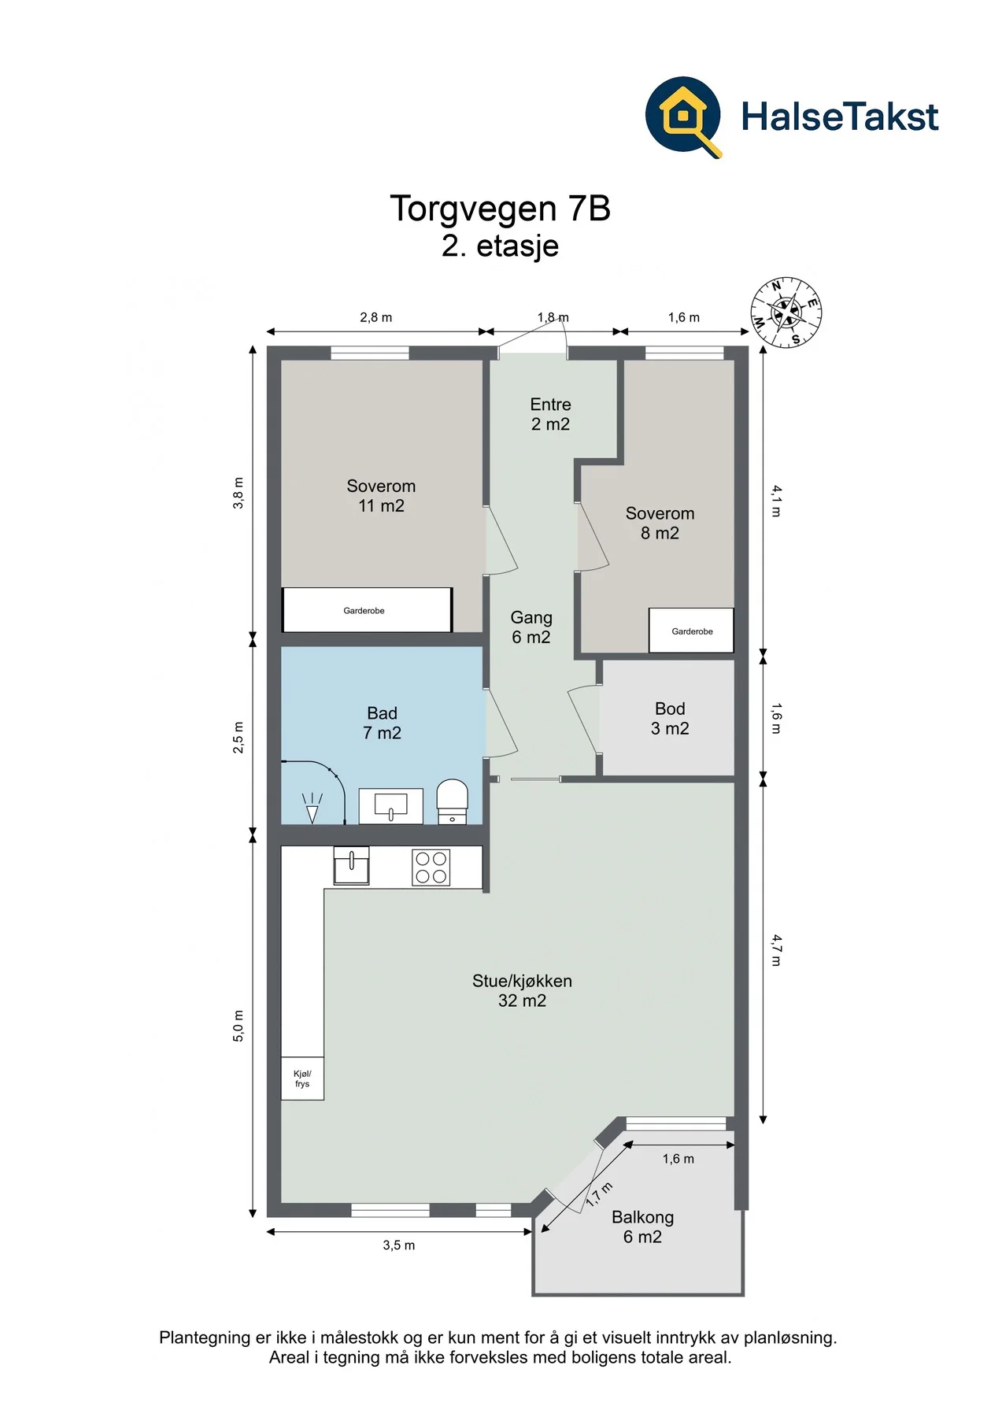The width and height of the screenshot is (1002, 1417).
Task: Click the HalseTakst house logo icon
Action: (683, 117)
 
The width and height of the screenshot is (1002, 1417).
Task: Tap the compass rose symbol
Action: (786, 313)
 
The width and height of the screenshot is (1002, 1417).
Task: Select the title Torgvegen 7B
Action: (500, 209)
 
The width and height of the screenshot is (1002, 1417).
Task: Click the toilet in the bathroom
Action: (452, 801)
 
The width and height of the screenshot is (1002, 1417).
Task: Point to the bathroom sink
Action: (390, 806)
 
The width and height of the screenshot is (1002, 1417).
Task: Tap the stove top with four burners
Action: (431, 868)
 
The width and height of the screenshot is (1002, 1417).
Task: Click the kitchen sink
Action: (351, 866)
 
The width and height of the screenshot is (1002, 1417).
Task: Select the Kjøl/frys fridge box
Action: (302, 1078)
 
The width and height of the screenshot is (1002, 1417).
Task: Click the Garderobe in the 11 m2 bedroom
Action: (367, 610)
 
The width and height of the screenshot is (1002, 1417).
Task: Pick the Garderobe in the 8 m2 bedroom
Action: (691, 631)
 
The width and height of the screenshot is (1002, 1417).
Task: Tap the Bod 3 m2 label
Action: (670, 719)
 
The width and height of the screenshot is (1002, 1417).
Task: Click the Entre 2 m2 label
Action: (550, 414)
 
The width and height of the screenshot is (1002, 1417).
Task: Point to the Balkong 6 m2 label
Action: (642, 1226)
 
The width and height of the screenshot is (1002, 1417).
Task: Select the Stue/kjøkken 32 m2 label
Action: (522, 990)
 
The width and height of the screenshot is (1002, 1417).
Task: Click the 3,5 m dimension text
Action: (399, 1245)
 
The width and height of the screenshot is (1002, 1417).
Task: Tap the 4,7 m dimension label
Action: (777, 950)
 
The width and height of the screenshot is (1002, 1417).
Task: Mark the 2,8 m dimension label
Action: (376, 317)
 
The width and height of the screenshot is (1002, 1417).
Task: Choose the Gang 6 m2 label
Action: (531, 627)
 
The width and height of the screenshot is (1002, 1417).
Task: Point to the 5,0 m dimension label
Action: (238, 1026)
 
